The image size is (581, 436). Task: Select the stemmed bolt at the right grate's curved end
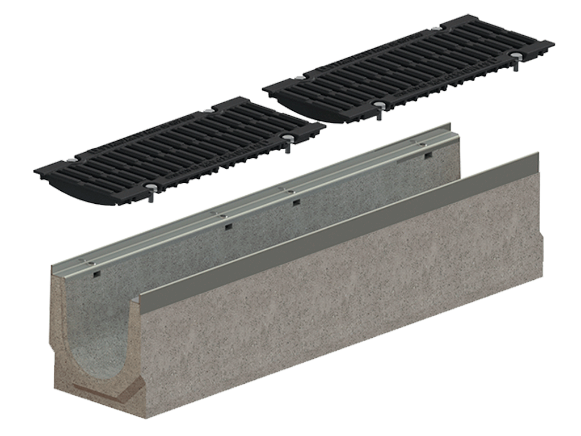(377, 107)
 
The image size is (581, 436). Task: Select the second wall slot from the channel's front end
(228, 227)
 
